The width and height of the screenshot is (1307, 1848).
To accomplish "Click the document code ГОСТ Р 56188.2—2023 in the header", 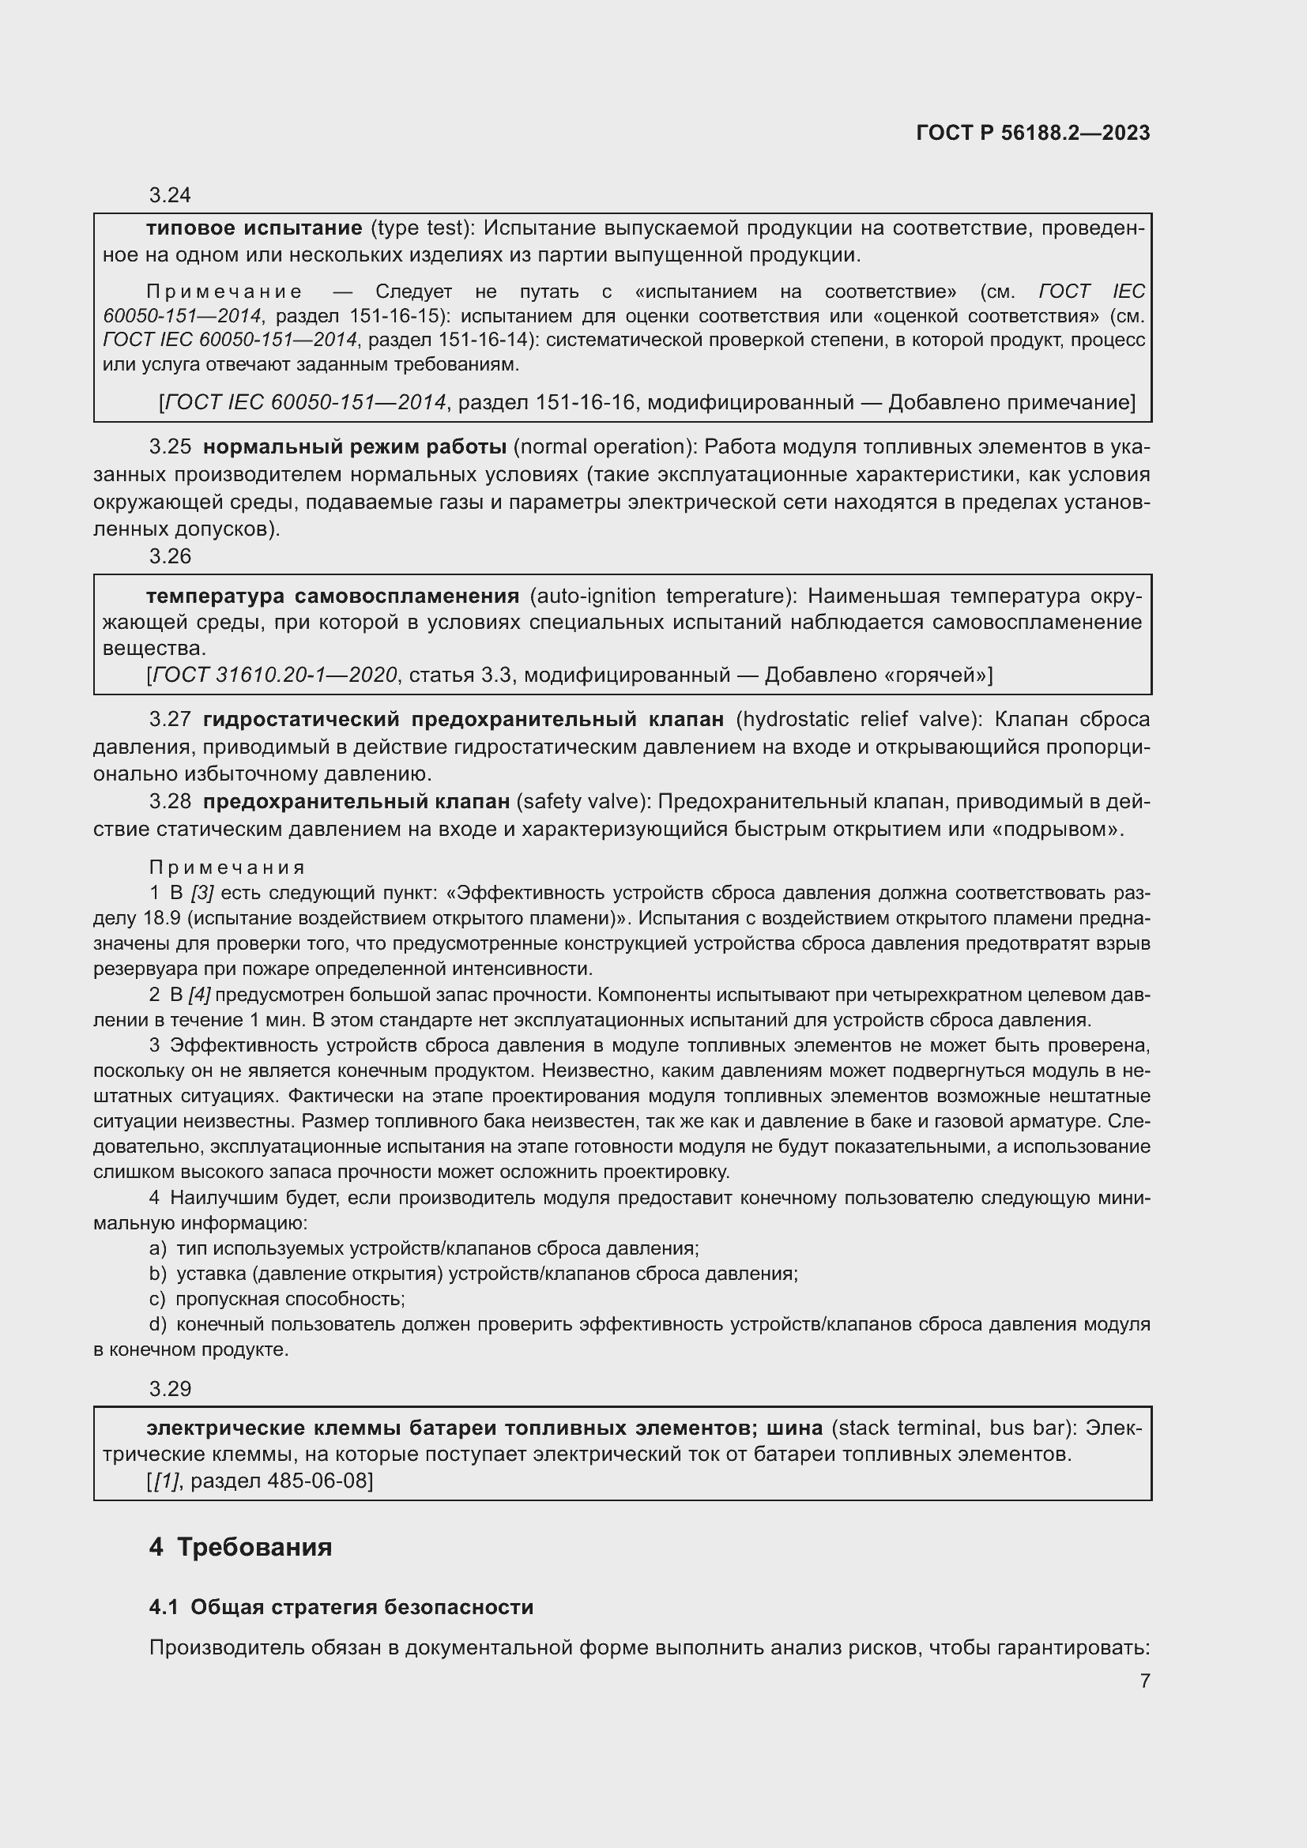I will click(1033, 133).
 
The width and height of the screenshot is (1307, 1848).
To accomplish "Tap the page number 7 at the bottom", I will click(1144, 1681).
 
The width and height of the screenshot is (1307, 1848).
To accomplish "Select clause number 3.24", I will click(170, 195).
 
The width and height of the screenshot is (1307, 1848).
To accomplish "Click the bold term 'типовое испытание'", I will click(254, 228).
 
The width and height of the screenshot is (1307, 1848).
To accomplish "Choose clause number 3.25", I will click(170, 446).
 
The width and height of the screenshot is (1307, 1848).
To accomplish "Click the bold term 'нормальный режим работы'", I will click(354, 446).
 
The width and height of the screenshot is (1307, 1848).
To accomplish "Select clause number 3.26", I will click(170, 556).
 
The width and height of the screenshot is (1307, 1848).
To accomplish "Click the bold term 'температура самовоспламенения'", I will click(333, 596).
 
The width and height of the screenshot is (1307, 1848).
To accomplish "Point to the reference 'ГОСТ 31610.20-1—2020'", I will click(274, 675).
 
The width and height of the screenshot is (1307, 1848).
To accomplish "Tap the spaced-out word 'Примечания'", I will click(227, 868).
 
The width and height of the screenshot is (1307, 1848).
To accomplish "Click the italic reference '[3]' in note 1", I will click(202, 893).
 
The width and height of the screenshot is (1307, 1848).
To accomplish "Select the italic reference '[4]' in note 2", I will click(199, 995).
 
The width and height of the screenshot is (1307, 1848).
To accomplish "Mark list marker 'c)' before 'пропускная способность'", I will click(157, 1298).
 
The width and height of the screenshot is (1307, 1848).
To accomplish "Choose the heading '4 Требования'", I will click(240, 1547).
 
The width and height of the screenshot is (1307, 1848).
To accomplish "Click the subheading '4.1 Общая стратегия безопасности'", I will click(341, 1607).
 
